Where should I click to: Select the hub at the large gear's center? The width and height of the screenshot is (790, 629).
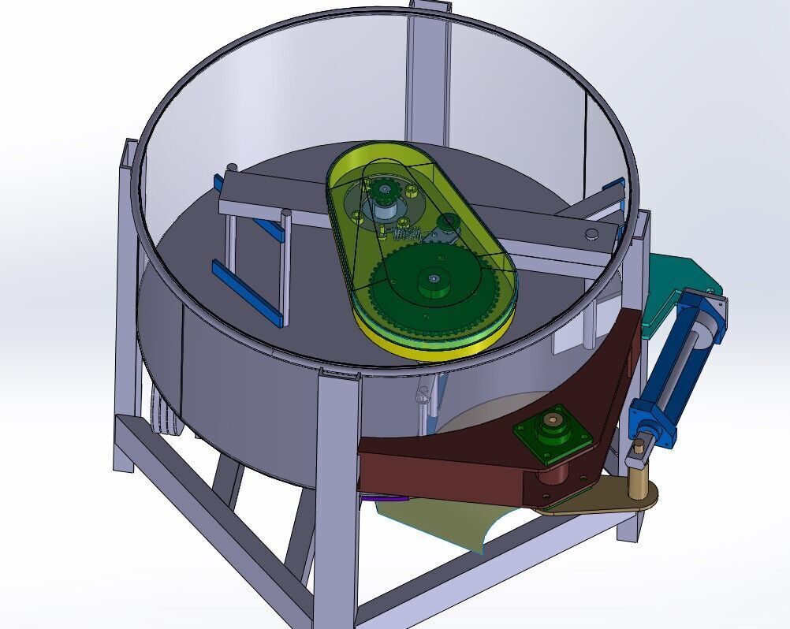pyautogui.click(x=433, y=279)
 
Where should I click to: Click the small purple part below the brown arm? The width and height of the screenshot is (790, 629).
pyautogui.click(x=385, y=497)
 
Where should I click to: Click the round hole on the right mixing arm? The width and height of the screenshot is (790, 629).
pyautogui.click(x=591, y=233)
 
